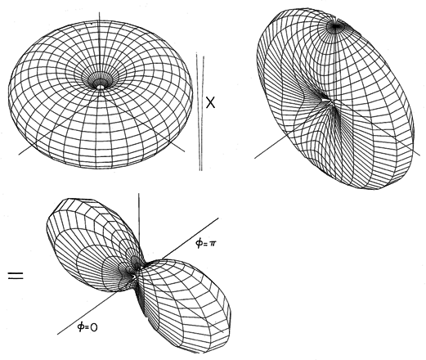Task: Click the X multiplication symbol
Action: (210, 102)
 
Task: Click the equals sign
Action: (16, 275)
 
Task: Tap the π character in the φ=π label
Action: (213, 244)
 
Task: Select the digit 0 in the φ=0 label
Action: (93, 327)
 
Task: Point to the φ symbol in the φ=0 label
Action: (81, 326)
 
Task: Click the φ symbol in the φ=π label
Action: (199, 243)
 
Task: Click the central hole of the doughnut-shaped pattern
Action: (101, 87)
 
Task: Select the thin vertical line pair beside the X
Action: (200, 111)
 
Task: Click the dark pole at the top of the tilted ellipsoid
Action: (336, 26)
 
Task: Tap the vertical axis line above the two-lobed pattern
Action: (139, 223)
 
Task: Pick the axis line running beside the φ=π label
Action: (191, 238)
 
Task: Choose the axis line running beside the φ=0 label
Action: (87, 313)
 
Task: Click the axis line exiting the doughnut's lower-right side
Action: (177, 146)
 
